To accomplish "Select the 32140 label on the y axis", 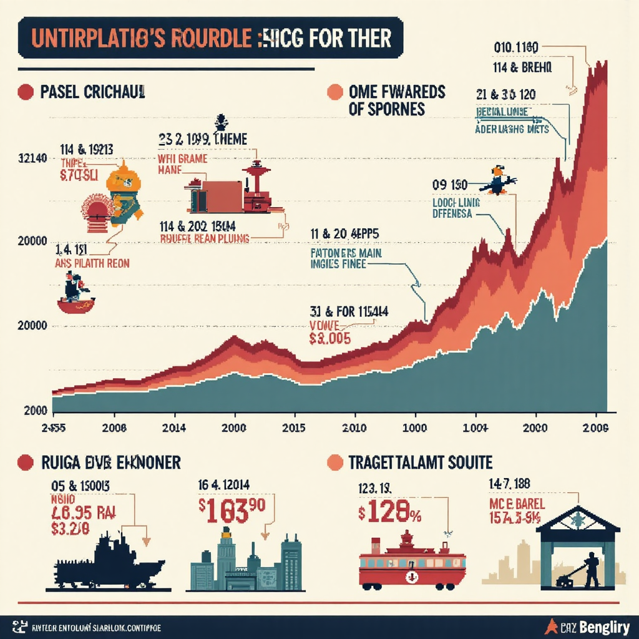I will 27,159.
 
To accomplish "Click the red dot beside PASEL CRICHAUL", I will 26,92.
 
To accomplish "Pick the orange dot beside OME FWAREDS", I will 335,92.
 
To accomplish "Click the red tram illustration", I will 412,562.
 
